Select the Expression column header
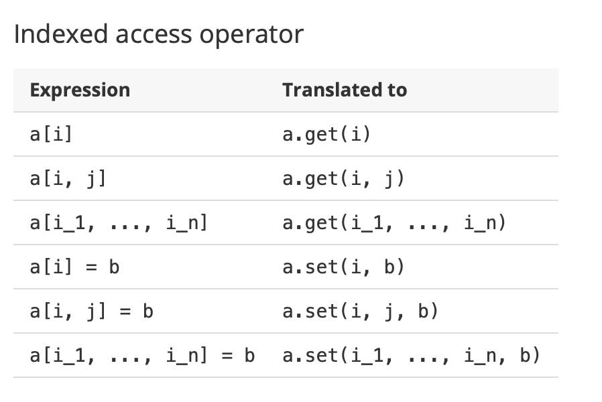(x=80, y=90)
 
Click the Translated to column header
(x=345, y=90)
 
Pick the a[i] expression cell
(x=52, y=135)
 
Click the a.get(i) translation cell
(x=326, y=135)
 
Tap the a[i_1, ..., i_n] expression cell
(x=119, y=223)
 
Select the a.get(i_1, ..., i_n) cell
(x=394, y=223)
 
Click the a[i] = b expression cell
(x=74, y=267)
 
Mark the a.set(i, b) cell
(x=343, y=267)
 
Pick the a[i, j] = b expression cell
(x=92, y=312)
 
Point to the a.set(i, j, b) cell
(x=360, y=312)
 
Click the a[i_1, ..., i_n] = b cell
(x=142, y=355)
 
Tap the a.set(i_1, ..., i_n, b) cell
(x=411, y=355)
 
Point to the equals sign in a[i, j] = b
(x=125, y=312)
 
